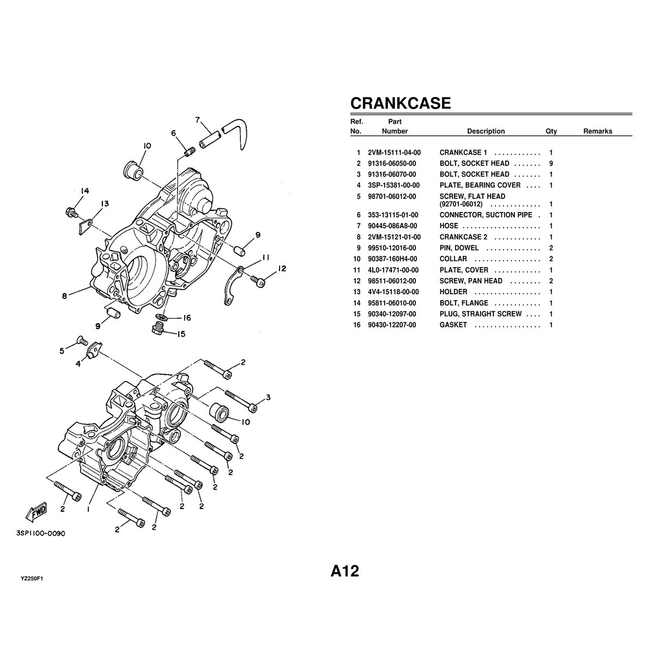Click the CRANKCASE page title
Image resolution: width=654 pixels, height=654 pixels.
click(x=400, y=103)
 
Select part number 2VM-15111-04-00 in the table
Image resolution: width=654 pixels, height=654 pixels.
click(x=394, y=153)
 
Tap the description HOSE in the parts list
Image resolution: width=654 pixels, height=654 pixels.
click(x=449, y=226)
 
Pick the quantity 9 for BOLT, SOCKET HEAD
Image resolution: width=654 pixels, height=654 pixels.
click(x=551, y=163)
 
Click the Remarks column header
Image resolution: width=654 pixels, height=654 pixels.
click(x=597, y=131)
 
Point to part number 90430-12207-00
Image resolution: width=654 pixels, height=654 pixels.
click(x=392, y=325)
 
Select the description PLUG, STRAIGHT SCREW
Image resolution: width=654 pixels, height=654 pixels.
click(x=480, y=314)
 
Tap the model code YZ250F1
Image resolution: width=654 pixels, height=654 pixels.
click(x=32, y=579)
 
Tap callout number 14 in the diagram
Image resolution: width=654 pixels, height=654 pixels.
click(x=84, y=191)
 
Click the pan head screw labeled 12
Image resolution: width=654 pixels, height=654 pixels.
click(x=259, y=281)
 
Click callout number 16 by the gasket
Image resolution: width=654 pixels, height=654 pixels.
click(x=186, y=318)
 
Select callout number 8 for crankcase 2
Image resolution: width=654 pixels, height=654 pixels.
click(x=64, y=296)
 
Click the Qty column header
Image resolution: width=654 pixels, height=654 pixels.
click(x=551, y=131)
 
